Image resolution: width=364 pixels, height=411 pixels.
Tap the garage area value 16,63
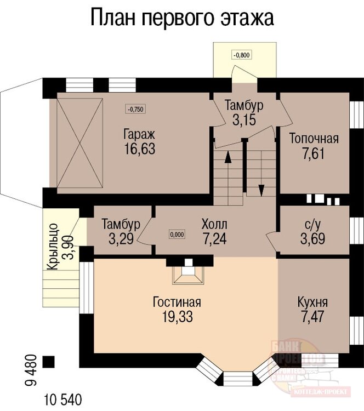click(x=139, y=149)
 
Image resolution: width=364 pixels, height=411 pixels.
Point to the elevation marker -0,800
click(x=241, y=55)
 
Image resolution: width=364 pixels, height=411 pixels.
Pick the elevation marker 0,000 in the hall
click(x=177, y=235)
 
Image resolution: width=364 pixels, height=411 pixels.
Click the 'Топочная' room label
click(x=314, y=138)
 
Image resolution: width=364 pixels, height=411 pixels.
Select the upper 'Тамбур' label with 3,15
click(x=244, y=105)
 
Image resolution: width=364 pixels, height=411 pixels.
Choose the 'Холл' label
click(x=214, y=224)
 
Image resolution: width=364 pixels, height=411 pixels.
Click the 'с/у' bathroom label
click(x=314, y=224)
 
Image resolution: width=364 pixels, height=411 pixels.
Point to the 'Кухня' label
click(x=313, y=302)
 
